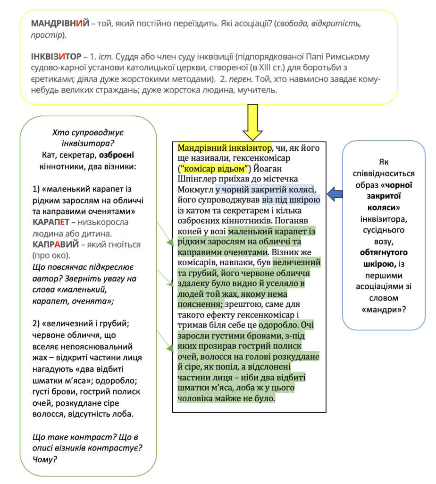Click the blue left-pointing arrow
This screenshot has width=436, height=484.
[x=336, y=193]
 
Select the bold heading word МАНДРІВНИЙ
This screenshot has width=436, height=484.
[x=60, y=23]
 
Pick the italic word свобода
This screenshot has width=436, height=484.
[x=296, y=23]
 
